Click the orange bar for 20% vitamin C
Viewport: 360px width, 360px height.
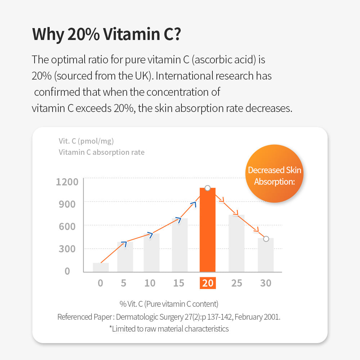pyautogui.click(x=208, y=230)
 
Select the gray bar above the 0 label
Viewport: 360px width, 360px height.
pyautogui.click(x=101, y=267)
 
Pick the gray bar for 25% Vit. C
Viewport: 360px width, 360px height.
pyautogui.click(x=237, y=243)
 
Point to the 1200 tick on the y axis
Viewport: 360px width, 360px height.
pyautogui.click(x=67, y=181)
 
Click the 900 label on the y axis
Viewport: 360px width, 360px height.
pyautogui.click(x=67, y=204)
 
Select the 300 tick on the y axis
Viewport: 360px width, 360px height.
pyautogui.click(x=67, y=249)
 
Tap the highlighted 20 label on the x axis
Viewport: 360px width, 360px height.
pyautogui.click(x=208, y=283)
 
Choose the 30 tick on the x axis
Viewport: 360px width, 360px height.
pyautogui.click(x=266, y=283)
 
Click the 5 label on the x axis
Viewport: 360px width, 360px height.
pyautogui.click(x=123, y=283)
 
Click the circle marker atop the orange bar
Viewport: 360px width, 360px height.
pyautogui.click(x=207, y=188)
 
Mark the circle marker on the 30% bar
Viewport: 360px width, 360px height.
pyautogui.click(x=266, y=239)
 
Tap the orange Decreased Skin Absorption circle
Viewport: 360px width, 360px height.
pyautogui.click(x=275, y=174)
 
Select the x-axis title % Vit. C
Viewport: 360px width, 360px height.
pyautogui.click(x=169, y=304)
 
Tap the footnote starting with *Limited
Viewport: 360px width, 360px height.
pyautogui.click(x=169, y=328)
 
